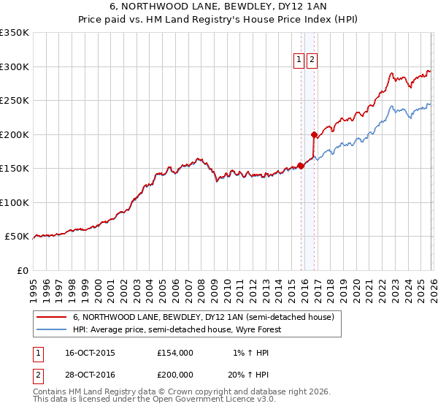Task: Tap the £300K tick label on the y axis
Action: click(x=15, y=66)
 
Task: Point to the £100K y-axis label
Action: click(x=15, y=202)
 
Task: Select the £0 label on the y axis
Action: click(x=21, y=270)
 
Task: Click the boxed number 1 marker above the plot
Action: click(x=299, y=61)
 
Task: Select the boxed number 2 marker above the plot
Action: click(x=312, y=61)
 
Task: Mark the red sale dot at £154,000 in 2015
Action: click(x=301, y=166)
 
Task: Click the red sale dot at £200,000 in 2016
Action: click(x=314, y=134)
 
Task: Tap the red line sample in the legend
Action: click(x=51, y=318)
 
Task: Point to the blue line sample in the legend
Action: click(x=51, y=330)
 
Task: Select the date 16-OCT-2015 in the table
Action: click(x=90, y=352)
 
